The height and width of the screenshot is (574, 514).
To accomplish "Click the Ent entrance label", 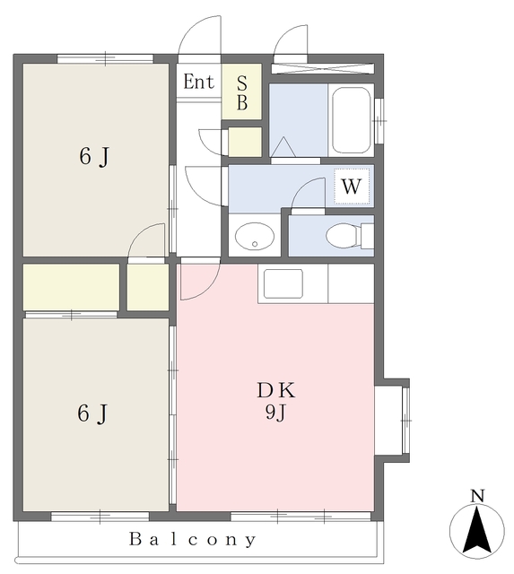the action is point(198,82).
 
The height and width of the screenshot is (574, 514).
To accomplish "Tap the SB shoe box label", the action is point(242,93).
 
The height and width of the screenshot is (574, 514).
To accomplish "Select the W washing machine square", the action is point(352,187).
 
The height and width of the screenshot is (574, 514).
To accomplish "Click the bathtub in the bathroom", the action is point(351,120).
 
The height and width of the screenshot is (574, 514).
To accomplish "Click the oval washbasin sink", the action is point(255,236).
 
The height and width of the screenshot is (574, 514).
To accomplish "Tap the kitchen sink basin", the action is point(283,283).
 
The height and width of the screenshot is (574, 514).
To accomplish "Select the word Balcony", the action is point(193,539).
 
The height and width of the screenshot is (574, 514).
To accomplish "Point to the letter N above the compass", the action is point(477,496).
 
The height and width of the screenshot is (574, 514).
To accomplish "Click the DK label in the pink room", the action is point(275,390).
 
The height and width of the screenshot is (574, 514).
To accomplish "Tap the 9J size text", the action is point(275,413).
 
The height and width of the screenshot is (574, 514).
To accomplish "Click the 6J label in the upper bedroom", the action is point(94,157).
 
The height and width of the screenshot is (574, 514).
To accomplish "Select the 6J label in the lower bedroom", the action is point(92,414).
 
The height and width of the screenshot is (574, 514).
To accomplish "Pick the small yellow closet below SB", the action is point(245,142).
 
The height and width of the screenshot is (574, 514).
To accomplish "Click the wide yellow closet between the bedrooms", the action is point(72,287).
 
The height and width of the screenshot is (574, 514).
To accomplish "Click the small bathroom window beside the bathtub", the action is point(379,120).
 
